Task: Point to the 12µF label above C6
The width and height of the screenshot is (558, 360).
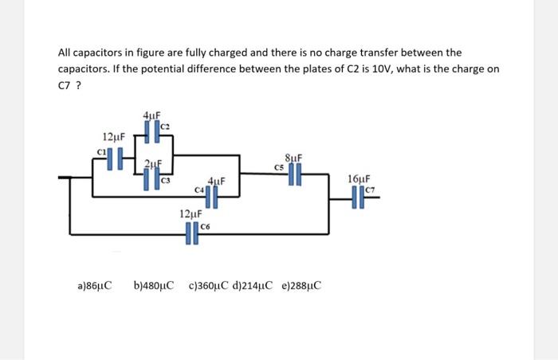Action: [x=191, y=215]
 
